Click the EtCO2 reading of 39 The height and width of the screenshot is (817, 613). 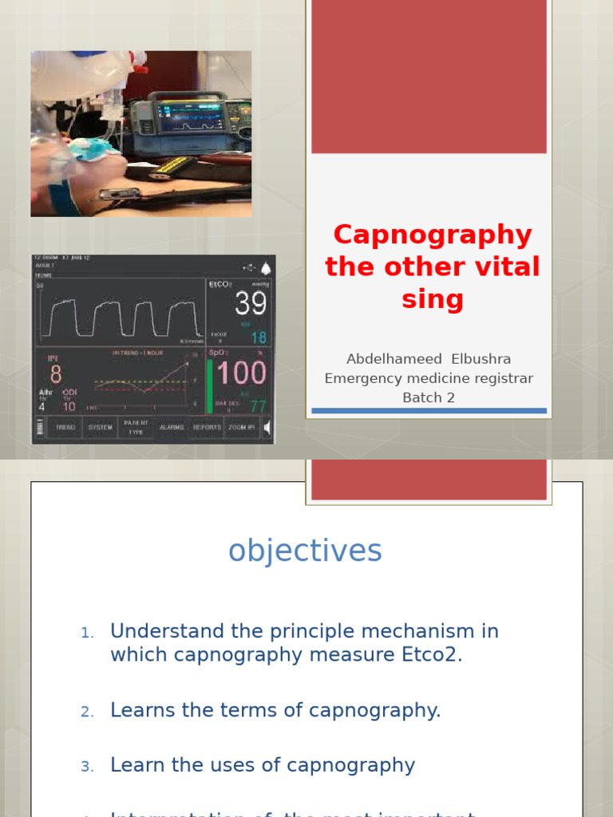250,303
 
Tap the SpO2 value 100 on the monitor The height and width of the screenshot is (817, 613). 242,373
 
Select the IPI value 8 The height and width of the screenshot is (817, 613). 55,373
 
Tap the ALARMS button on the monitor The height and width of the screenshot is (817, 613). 172,428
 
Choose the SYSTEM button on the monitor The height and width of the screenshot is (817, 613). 101,428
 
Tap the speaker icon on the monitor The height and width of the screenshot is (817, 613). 267,428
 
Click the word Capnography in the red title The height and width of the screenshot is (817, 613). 432,235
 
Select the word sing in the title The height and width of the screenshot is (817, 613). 432,299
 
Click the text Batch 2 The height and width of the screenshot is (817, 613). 429,397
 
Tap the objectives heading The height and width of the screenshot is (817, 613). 305,551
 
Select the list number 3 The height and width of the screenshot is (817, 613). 87,767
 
